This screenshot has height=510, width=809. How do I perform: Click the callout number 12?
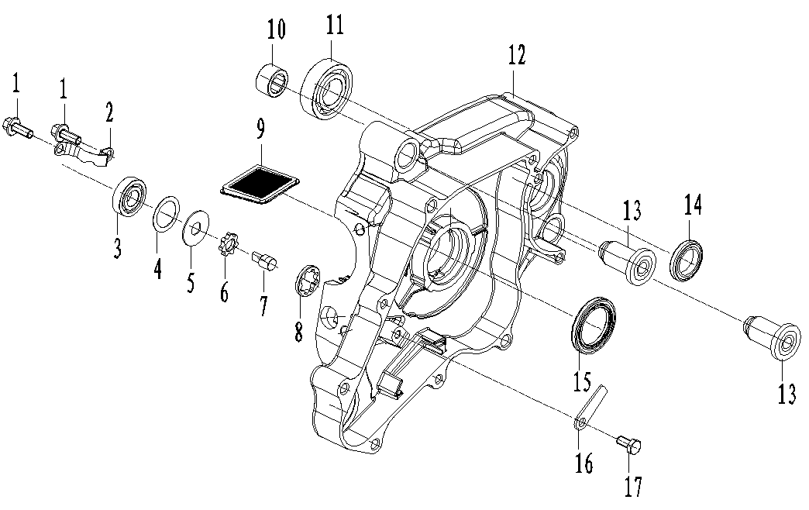click(517, 56)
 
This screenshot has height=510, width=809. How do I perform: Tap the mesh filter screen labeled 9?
click(260, 183)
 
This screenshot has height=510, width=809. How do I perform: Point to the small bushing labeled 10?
click(272, 81)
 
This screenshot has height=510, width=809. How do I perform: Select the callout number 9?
click(260, 132)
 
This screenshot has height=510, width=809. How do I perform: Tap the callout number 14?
click(693, 205)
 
